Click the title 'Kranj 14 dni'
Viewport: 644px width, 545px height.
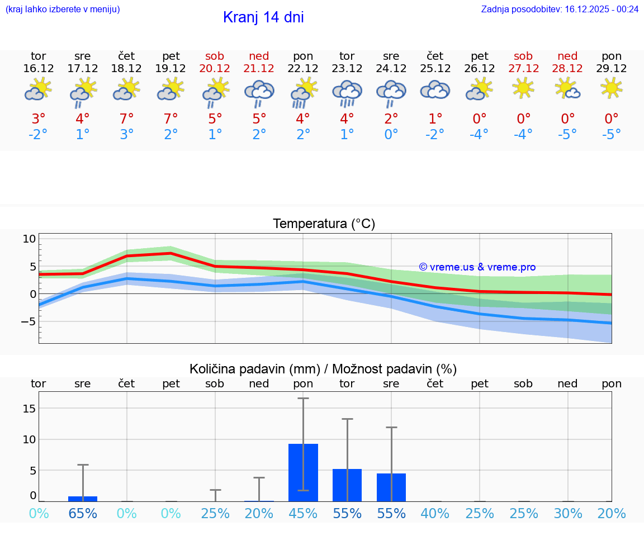point(263,17)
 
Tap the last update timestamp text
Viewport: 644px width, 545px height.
point(560,10)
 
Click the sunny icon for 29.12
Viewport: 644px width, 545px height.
point(612,88)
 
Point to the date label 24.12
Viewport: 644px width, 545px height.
point(391,69)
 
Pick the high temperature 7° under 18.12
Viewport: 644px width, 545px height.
point(127,119)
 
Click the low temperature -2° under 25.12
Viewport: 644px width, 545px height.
point(435,134)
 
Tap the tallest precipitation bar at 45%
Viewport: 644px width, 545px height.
point(303,472)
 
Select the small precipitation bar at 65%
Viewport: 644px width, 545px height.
point(83,498)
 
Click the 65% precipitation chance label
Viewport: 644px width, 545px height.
point(83,514)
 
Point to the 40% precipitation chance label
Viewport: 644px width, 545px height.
point(435,514)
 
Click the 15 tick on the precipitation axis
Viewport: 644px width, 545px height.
point(29,409)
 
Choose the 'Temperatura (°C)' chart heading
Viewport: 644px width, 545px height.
point(324,224)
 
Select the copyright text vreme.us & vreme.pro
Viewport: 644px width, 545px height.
point(477,267)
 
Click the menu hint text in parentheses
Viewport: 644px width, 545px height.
point(63,10)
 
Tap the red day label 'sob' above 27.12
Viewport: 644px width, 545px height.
point(523,56)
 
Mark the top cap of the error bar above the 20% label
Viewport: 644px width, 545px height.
point(259,477)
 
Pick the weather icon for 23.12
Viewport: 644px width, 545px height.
point(347,92)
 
